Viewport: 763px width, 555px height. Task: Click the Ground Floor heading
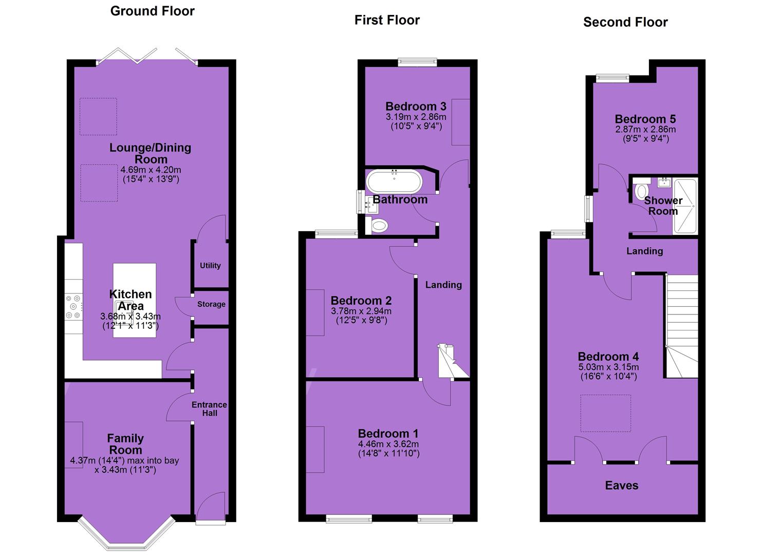(x=152, y=11)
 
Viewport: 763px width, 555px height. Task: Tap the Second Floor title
(x=625, y=22)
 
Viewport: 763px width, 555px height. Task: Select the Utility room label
(x=210, y=265)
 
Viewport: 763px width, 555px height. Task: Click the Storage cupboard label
(x=211, y=304)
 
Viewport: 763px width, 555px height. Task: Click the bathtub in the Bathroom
(x=394, y=181)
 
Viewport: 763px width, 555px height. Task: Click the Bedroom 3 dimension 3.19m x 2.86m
(x=416, y=117)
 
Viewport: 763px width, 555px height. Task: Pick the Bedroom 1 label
(x=388, y=433)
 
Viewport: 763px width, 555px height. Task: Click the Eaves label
(x=622, y=486)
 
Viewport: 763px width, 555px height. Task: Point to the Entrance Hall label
(x=210, y=409)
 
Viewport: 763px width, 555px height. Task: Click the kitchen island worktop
(x=135, y=300)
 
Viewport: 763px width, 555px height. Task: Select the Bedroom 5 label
(x=645, y=119)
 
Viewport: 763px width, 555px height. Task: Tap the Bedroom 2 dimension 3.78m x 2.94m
(x=361, y=311)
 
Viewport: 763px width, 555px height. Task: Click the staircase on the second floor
(x=682, y=326)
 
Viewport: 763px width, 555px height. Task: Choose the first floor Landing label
(x=443, y=285)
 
